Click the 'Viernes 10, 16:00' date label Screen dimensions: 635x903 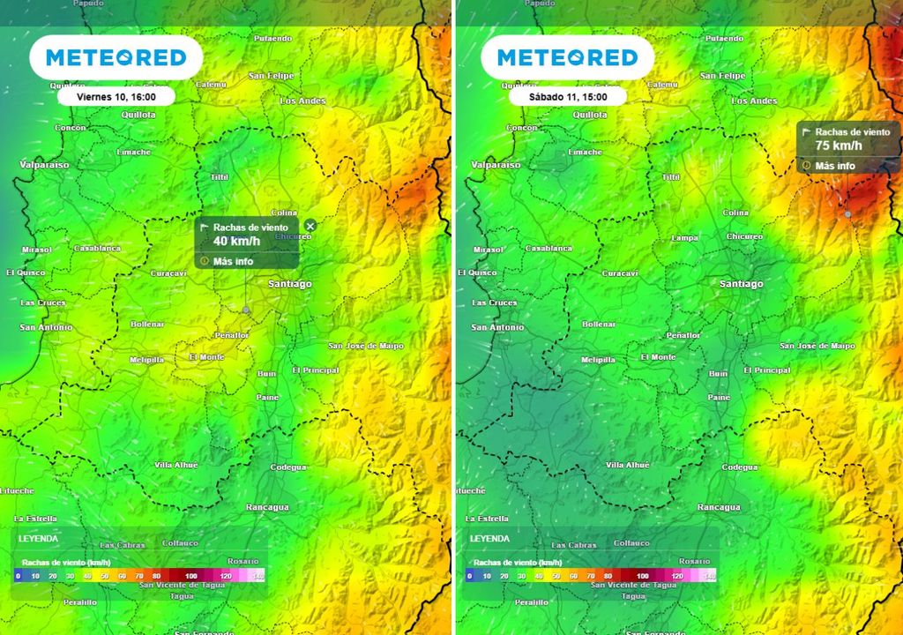(x=116, y=96)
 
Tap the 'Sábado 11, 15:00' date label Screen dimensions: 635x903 (x=567, y=96)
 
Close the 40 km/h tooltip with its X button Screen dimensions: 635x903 (x=310, y=227)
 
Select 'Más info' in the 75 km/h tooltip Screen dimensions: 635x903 (x=834, y=166)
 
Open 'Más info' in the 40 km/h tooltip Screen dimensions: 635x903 (x=233, y=261)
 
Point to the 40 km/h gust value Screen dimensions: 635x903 (x=237, y=241)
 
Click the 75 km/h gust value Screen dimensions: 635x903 (x=839, y=146)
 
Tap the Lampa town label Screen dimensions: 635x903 (x=684, y=238)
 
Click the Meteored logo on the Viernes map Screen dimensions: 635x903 (x=116, y=58)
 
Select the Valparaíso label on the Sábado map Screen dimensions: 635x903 (x=496, y=165)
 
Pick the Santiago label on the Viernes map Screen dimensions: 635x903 (x=290, y=284)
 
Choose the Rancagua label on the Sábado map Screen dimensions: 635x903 (x=719, y=507)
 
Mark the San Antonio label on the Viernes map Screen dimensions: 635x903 (x=46, y=328)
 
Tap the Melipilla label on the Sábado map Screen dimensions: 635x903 (x=599, y=360)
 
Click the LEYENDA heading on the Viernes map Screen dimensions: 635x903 (x=38, y=538)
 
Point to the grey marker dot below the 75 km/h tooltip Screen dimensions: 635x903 (x=848, y=214)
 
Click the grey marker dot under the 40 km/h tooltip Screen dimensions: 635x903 (x=246, y=310)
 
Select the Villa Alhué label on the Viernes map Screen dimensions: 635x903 (x=175, y=465)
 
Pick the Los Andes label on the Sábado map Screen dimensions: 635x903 (x=754, y=101)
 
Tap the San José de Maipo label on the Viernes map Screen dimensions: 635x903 (x=366, y=346)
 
